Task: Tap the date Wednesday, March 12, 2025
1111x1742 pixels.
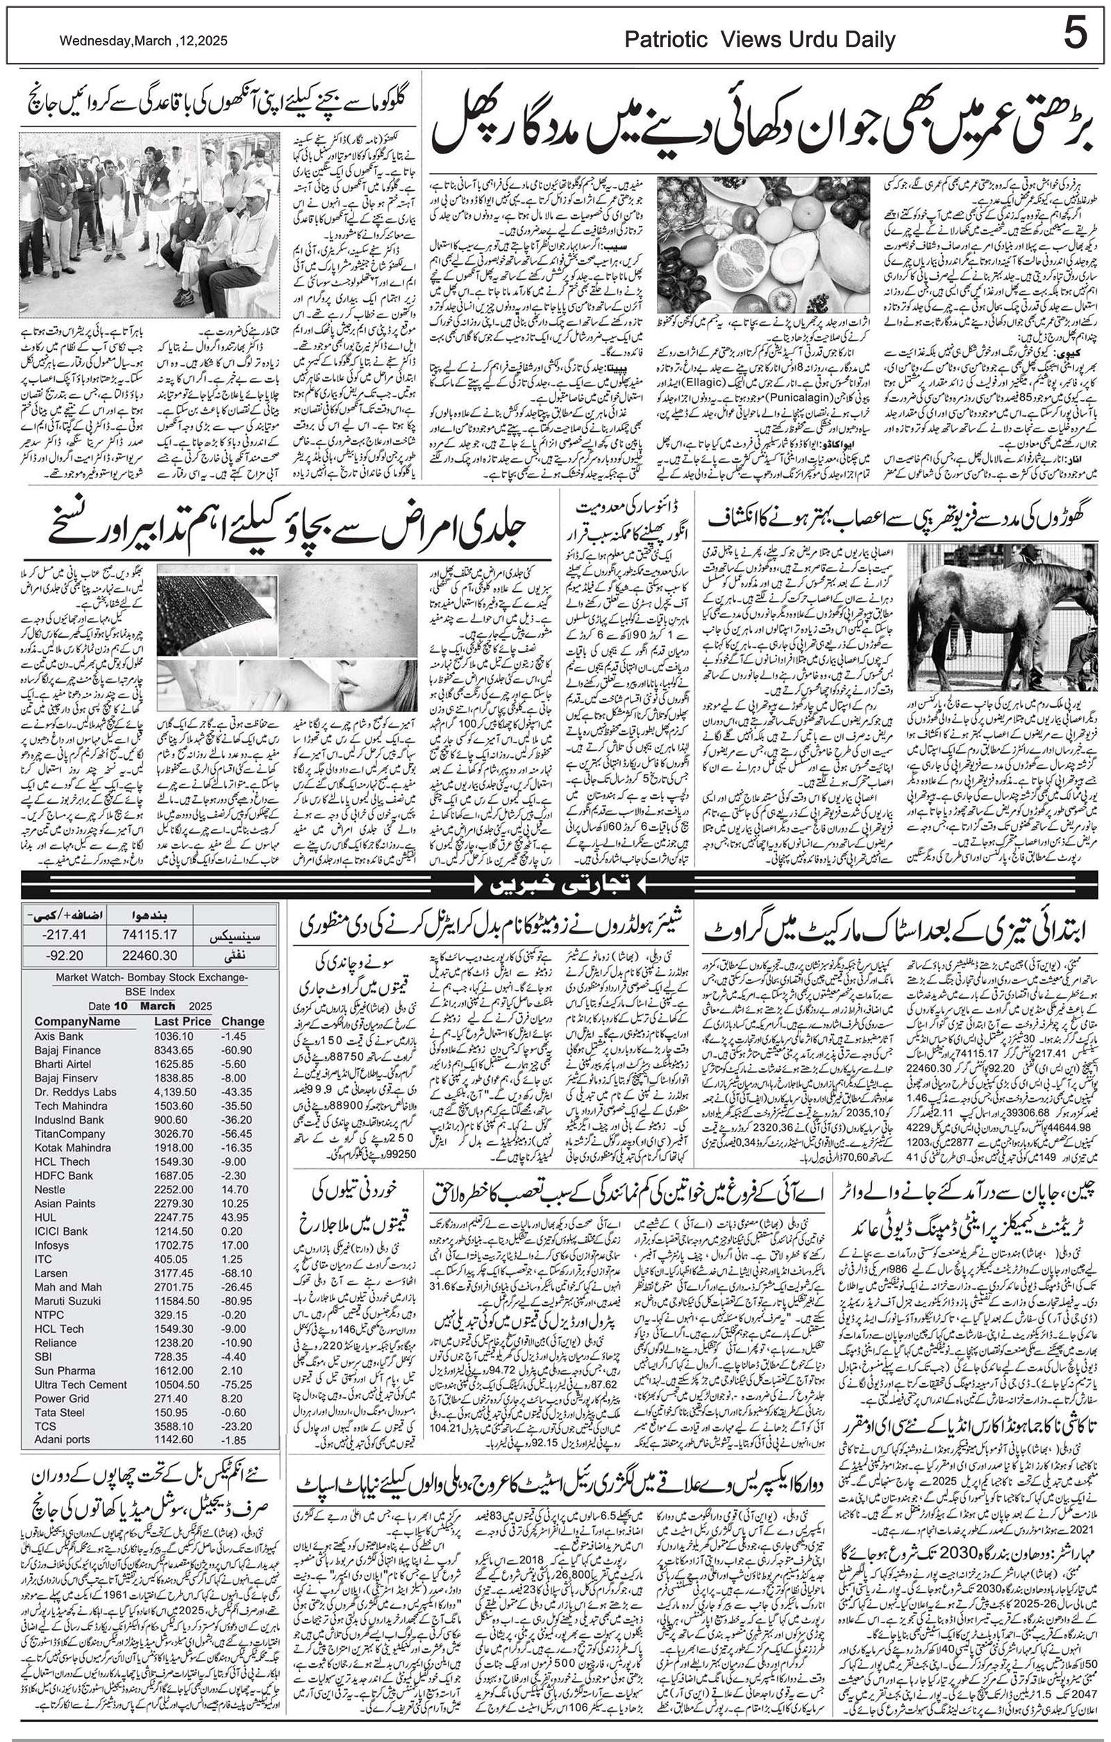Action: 143,41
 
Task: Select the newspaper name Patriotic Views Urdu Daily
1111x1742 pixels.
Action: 760,40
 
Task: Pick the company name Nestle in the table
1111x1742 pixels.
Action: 50,1190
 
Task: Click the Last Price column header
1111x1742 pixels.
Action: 182,1022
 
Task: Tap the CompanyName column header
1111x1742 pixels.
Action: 77,1022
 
